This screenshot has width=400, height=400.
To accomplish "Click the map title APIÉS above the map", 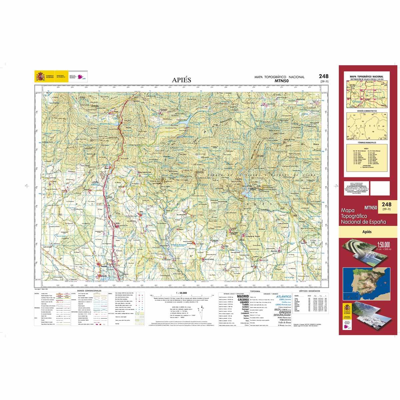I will click(182, 80).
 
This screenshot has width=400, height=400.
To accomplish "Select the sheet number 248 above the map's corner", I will click(323, 76).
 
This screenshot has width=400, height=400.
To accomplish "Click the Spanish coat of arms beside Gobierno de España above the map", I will click(40, 77).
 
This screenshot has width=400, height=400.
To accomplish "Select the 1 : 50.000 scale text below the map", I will click(180, 293).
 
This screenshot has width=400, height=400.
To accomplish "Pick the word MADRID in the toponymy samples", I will click(243, 296).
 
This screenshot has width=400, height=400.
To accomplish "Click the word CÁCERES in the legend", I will click(243, 300).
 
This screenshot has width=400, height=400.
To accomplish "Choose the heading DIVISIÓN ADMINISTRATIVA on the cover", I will click(367, 110).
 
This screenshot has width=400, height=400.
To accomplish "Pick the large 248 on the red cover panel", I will click(387, 204).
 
